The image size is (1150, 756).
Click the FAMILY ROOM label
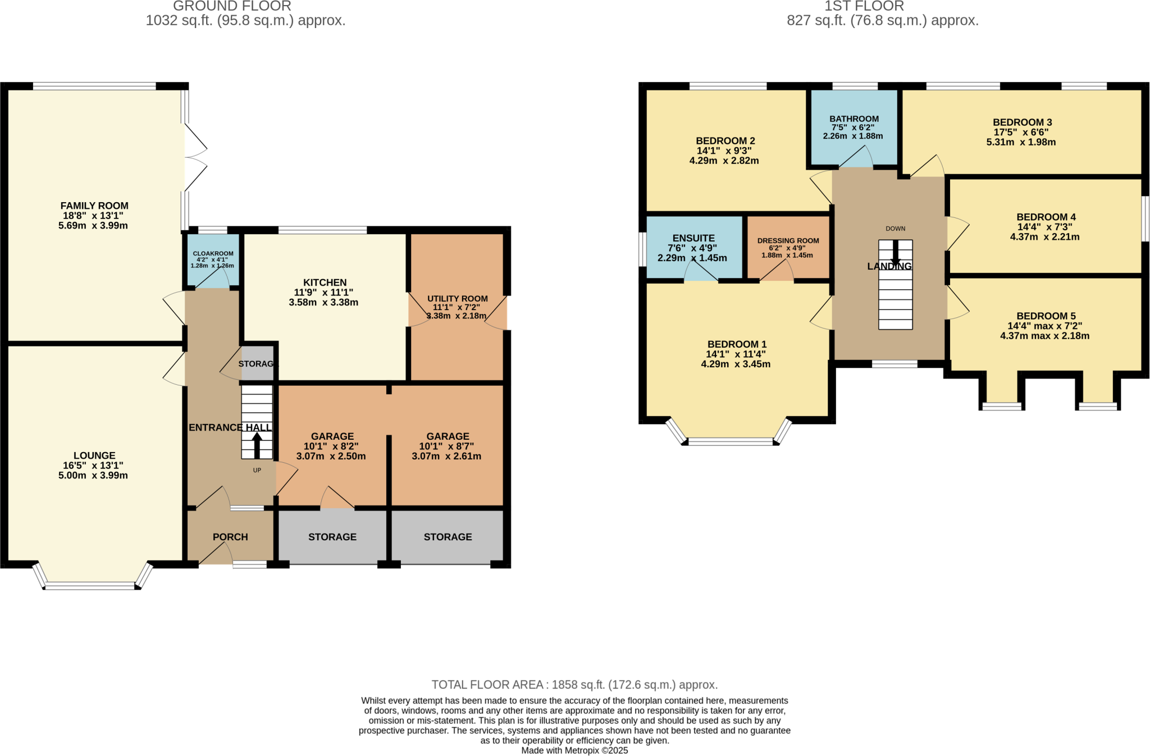[x=94, y=206]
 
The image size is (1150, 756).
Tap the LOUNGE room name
[x=94, y=456]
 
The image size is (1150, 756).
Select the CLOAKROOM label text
[x=213, y=253]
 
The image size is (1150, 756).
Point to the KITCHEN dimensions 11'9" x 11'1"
[x=323, y=293]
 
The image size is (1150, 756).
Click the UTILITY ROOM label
[x=457, y=299]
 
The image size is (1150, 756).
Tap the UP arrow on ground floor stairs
[x=257, y=446]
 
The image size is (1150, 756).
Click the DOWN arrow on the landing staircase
[x=895, y=252]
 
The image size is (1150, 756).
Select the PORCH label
[x=230, y=537]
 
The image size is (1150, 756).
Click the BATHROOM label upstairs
[x=854, y=119]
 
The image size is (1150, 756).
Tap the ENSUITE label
[x=693, y=238]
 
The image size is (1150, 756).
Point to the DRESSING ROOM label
[x=788, y=240]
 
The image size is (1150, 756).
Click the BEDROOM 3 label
[x=1022, y=122]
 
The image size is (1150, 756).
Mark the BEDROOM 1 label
[x=736, y=344]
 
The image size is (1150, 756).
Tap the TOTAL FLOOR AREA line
[x=574, y=685]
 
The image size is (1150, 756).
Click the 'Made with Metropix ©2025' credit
[x=574, y=750]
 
